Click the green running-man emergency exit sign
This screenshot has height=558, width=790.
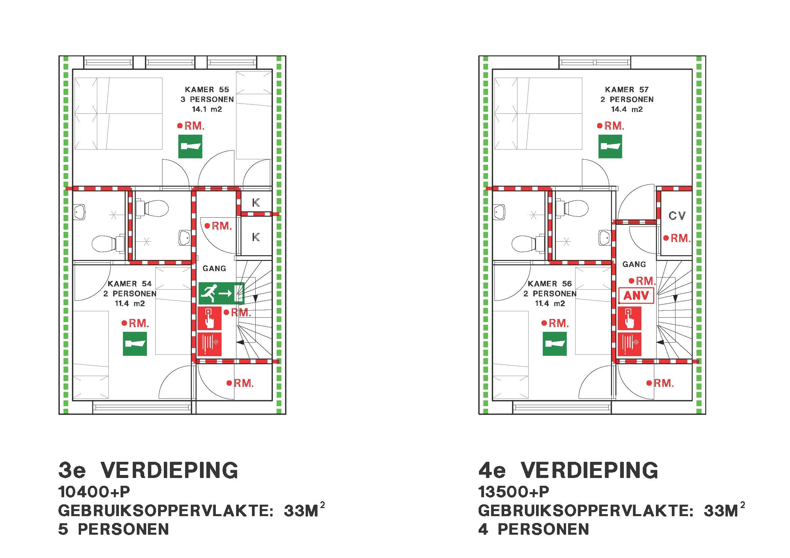221,293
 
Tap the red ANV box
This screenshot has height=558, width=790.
636,296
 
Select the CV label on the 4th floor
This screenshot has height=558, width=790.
677,216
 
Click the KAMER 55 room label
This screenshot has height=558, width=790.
207,90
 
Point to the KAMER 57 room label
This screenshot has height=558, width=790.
627,90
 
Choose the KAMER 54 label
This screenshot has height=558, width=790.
130,284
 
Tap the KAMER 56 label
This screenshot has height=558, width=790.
550,284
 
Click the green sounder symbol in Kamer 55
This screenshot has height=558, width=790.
190,147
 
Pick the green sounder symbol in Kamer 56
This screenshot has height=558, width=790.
555,344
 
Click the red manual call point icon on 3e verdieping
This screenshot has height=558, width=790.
209,318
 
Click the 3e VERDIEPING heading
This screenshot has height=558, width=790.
148,470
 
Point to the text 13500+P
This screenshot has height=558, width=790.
513,492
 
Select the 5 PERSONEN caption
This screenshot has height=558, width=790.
113,529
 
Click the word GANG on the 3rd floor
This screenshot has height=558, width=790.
214,268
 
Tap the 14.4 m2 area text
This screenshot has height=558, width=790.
627,109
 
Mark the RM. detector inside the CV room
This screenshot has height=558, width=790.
677,238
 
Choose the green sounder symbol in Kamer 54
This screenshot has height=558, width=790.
135,344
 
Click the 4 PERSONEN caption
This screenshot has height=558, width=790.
534,529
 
